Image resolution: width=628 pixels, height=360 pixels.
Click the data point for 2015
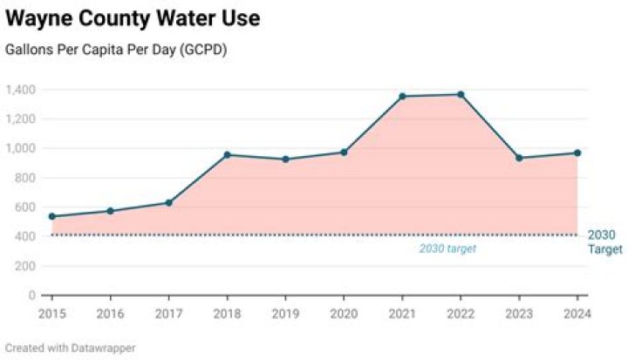point(52,217)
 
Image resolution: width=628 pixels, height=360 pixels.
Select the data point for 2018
point(227,155)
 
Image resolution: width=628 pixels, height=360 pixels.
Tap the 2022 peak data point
point(461,94)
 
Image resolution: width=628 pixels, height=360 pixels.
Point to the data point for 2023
point(519,158)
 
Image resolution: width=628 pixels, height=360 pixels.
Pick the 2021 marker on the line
point(402,97)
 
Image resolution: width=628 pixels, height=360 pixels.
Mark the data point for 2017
point(168,203)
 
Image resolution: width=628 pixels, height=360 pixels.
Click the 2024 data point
point(577,153)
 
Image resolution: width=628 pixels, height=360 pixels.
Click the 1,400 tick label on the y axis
point(20,89)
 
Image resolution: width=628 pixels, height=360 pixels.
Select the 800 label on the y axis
point(25,178)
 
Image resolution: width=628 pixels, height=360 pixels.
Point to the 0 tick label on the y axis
point(32,295)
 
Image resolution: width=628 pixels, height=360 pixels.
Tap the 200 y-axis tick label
point(25,266)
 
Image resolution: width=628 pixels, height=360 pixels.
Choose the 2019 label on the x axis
point(285,314)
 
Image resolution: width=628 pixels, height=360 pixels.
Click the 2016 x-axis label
point(111,314)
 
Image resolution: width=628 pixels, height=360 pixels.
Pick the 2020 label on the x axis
point(344,314)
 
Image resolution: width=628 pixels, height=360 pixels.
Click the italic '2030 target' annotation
point(447,248)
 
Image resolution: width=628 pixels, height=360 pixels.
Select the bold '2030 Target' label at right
point(605,241)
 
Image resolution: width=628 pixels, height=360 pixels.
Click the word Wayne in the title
point(38,18)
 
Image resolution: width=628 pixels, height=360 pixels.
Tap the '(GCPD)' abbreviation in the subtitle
point(203,50)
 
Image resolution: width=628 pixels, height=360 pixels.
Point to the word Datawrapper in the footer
point(103,348)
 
